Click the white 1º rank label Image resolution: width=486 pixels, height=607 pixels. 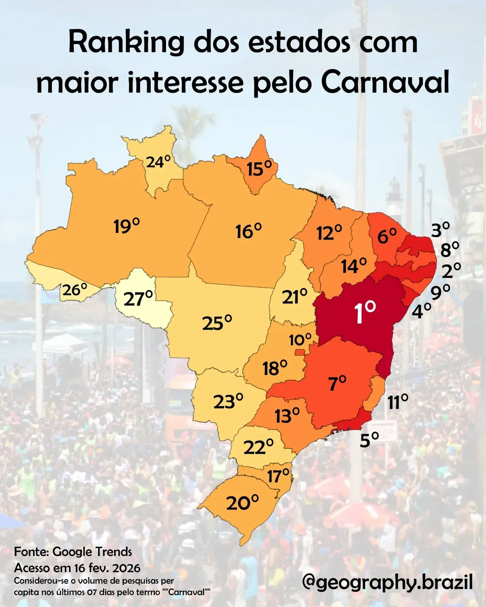[x=365, y=312]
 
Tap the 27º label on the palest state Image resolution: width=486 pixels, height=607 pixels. [x=138, y=299]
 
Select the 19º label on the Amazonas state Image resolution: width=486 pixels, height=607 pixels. [x=126, y=226]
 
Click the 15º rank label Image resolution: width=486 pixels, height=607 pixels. [x=259, y=169]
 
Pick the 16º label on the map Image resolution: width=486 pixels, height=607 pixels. [x=248, y=231]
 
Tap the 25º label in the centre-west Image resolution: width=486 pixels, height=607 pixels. [x=217, y=322]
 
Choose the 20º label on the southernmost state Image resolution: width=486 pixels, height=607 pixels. [x=243, y=503]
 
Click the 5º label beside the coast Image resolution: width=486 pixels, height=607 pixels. [x=369, y=440]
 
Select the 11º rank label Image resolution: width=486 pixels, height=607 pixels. [x=398, y=402]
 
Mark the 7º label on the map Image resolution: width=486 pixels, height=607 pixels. [x=337, y=383]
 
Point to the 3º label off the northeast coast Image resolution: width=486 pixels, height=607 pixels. [x=440, y=229]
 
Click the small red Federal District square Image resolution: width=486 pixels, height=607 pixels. [x=299, y=352]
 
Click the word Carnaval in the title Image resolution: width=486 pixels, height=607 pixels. [x=385, y=82]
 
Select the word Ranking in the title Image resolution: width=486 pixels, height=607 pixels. [x=126, y=43]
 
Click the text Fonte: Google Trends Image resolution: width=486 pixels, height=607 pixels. [x=73, y=552]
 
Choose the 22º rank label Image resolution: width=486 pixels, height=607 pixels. [x=258, y=446]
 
